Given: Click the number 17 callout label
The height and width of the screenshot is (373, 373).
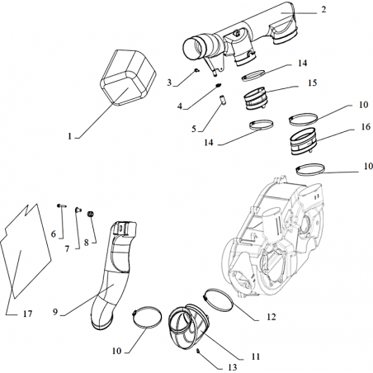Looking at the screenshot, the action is (x=27, y=314).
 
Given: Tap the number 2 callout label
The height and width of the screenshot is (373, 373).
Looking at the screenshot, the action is (x=323, y=10).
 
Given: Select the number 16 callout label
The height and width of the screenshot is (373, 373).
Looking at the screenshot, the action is (x=366, y=127).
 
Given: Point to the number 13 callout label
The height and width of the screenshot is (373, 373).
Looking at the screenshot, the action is (x=233, y=367).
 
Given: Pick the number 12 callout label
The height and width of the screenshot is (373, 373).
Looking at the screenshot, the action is (x=271, y=317).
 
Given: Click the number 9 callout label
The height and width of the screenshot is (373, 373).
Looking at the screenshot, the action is (x=55, y=312).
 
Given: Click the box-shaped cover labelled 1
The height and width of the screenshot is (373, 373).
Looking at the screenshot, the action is (x=128, y=78).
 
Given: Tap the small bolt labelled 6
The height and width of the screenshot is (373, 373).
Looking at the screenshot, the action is (x=62, y=205).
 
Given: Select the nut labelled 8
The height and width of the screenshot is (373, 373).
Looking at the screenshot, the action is (x=90, y=214).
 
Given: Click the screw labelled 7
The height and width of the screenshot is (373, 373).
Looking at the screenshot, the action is (x=78, y=210).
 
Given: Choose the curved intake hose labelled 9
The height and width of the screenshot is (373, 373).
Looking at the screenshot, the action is (x=114, y=275).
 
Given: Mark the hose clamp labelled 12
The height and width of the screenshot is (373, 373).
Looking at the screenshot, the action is (x=219, y=299).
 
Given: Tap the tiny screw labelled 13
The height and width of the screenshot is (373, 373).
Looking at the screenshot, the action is (x=197, y=351).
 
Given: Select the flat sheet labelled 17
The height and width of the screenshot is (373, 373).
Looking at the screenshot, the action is (x=26, y=250).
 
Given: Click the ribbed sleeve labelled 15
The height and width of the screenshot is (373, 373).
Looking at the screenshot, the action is (x=256, y=98).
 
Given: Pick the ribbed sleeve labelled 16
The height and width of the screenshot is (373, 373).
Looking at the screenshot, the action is (x=304, y=141).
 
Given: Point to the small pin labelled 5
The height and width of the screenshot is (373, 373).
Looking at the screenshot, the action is (x=223, y=100).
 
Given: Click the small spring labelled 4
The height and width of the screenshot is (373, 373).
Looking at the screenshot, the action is (x=219, y=85).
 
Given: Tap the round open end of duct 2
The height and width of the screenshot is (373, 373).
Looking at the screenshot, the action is (x=193, y=49).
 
